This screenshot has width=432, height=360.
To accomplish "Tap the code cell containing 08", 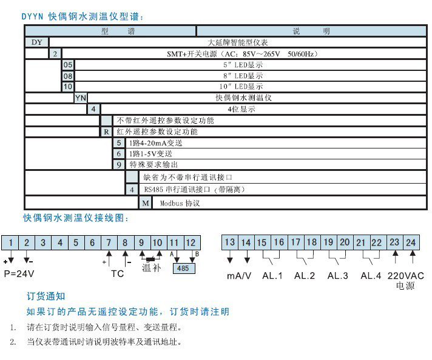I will tap(68, 76).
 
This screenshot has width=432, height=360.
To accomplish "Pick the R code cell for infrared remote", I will tap(106, 132).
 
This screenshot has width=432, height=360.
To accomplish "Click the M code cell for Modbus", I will tap(145, 203).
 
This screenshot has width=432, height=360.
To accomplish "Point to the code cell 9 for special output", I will tap(118, 164).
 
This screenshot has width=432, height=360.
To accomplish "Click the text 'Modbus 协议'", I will tap(180, 204).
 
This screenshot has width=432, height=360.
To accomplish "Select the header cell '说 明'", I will tap(313, 31).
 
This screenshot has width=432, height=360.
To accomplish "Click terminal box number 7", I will tap(109, 242).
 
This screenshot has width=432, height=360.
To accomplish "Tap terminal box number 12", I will tap(191, 242).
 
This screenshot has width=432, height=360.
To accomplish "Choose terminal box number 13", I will tap(229, 242).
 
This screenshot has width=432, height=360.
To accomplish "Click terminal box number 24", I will tap(411, 242).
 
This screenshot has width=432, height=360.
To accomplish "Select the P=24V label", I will tap(20, 273).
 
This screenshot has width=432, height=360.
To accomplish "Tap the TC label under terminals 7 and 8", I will tap(117, 273).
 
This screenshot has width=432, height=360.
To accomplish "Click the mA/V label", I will tap(238, 275).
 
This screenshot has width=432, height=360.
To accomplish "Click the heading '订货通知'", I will tap(46, 296).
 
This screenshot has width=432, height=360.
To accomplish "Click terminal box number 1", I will tap(10, 242).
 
